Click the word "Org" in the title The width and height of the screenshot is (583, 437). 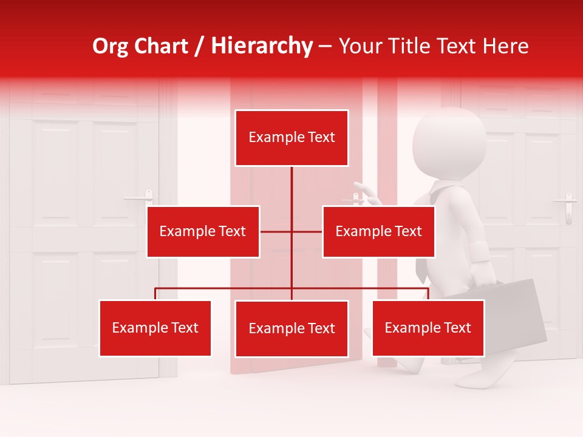click(x=110, y=46)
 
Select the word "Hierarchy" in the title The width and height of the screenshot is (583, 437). click(x=262, y=46)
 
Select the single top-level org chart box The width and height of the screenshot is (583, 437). click(x=291, y=138)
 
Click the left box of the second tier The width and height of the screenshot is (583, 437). click(x=203, y=231)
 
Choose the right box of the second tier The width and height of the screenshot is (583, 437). click(x=378, y=231)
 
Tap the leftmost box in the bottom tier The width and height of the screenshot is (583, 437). click(x=155, y=328)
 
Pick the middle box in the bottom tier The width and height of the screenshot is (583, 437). click(x=291, y=328)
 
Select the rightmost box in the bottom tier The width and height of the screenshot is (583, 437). click(x=428, y=328)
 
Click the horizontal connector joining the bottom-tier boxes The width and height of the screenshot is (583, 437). click(x=225, y=288)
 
